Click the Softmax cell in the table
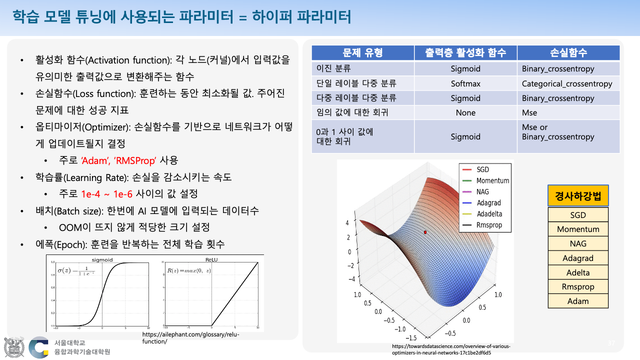point(465,83)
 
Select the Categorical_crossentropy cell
point(566,83)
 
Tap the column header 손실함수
point(568,52)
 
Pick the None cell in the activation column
point(465,112)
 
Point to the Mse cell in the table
point(529,112)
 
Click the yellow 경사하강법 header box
point(578,195)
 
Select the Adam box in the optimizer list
point(578,301)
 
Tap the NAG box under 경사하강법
point(578,243)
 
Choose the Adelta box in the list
point(578,272)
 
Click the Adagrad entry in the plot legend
point(488,203)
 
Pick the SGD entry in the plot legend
point(482,170)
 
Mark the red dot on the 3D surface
point(425,232)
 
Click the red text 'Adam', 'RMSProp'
point(119,160)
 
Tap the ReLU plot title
point(211,259)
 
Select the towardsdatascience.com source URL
point(451,349)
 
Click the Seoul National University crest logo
point(13,347)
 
